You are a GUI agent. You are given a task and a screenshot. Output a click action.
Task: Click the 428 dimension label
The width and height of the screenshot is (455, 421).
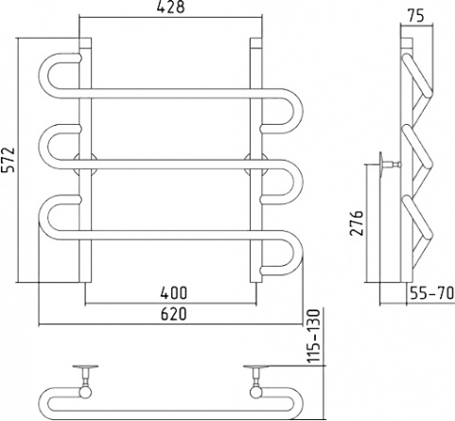click(170, 7)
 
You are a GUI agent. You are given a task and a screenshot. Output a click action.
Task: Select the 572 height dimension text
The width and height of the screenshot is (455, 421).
click(9, 160)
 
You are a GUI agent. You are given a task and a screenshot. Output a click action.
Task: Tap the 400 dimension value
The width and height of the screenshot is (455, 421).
click(173, 293)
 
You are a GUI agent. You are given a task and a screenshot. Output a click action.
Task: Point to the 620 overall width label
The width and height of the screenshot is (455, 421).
click(173, 314)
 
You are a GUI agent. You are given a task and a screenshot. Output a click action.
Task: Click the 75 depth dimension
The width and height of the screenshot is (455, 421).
click(415, 16)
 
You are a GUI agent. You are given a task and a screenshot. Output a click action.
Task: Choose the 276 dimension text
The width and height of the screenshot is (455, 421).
click(357, 222)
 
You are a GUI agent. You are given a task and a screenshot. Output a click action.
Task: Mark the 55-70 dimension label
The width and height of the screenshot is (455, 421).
click(431, 293)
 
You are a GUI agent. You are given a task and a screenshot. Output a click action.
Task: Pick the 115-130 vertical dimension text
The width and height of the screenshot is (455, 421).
click(314, 335)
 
